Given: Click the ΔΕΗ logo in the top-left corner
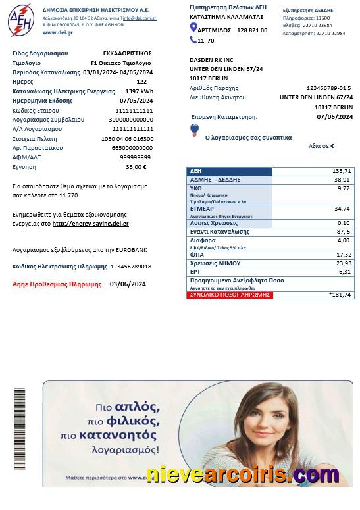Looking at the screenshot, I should (20, 20).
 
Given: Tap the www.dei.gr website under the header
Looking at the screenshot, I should (57, 32).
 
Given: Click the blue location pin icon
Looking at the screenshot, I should (193, 28).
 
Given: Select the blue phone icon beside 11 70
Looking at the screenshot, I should (193, 40).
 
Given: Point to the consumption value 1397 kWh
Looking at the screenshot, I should (139, 91).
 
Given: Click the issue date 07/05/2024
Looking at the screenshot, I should (136, 101).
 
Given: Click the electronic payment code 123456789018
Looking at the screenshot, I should (131, 267).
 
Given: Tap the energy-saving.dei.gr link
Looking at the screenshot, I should (90, 224).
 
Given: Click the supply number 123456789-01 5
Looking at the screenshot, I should (328, 88).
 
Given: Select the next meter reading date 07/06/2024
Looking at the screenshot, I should (334, 117).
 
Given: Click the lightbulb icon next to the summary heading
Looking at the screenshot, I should (194, 130).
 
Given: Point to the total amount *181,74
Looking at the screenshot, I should (340, 295).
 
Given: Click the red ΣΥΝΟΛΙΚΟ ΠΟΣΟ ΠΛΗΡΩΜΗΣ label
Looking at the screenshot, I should (229, 295).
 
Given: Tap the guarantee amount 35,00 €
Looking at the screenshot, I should (136, 167).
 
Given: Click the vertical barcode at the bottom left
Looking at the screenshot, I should (20, 428).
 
